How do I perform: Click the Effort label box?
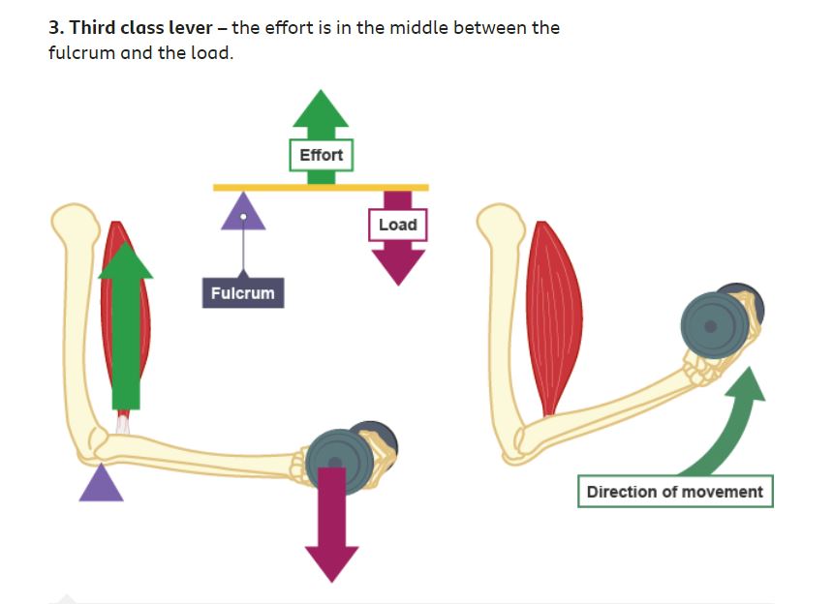click(x=321, y=155)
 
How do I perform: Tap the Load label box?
click(x=397, y=225)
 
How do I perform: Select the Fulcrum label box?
click(x=242, y=292)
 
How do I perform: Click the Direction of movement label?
click(x=674, y=492)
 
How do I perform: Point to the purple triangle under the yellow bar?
click(x=243, y=212)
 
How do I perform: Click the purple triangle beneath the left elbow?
click(x=101, y=485)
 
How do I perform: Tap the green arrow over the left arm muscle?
click(x=126, y=329)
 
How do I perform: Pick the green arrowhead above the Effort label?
click(x=321, y=108)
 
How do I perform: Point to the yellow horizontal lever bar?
click(x=321, y=187)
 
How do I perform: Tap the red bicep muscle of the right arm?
click(x=554, y=315)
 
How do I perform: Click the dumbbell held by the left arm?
click(x=344, y=459)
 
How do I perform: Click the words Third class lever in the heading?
click(x=140, y=27)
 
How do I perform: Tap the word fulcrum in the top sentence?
click(x=81, y=52)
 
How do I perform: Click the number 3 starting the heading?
click(x=54, y=27)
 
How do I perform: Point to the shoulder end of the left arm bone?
click(x=74, y=225)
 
